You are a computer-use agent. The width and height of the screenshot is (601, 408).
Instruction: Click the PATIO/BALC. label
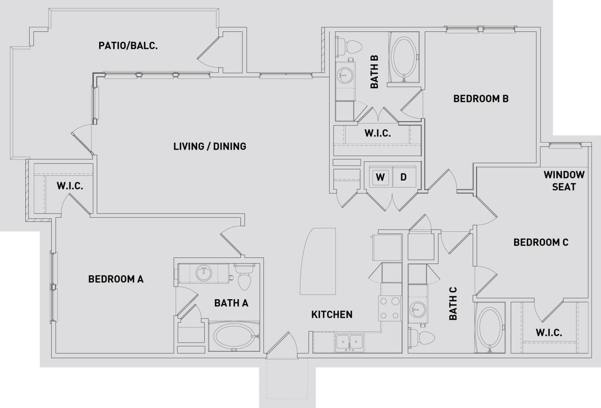click(x=128, y=45)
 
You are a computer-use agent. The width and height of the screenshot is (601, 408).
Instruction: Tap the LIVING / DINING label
click(x=209, y=146)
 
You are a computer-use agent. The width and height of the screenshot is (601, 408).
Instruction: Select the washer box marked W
click(x=380, y=177)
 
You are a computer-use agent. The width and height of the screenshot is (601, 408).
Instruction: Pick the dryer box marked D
click(x=403, y=177)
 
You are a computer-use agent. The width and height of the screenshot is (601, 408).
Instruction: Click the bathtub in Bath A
click(x=234, y=336)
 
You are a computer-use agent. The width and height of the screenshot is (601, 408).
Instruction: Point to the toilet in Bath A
click(x=244, y=277)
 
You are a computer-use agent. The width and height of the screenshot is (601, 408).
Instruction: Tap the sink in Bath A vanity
click(x=204, y=273)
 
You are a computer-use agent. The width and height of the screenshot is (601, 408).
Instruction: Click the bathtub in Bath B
click(x=402, y=57)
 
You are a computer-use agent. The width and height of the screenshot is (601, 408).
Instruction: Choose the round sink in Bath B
click(x=346, y=76)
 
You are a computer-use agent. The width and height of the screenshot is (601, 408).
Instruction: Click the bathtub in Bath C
click(x=490, y=328)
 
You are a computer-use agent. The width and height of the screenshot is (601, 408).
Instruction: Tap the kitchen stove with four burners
click(x=390, y=308)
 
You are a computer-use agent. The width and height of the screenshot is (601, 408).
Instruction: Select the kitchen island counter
click(x=318, y=261)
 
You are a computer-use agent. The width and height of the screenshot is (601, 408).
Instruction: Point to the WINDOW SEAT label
click(x=564, y=181)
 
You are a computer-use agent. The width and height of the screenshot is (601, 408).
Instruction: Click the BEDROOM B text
click(x=481, y=99)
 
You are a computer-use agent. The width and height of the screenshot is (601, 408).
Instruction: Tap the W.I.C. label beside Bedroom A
click(x=70, y=186)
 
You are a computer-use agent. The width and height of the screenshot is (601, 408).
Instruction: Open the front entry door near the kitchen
click(x=281, y=345)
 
